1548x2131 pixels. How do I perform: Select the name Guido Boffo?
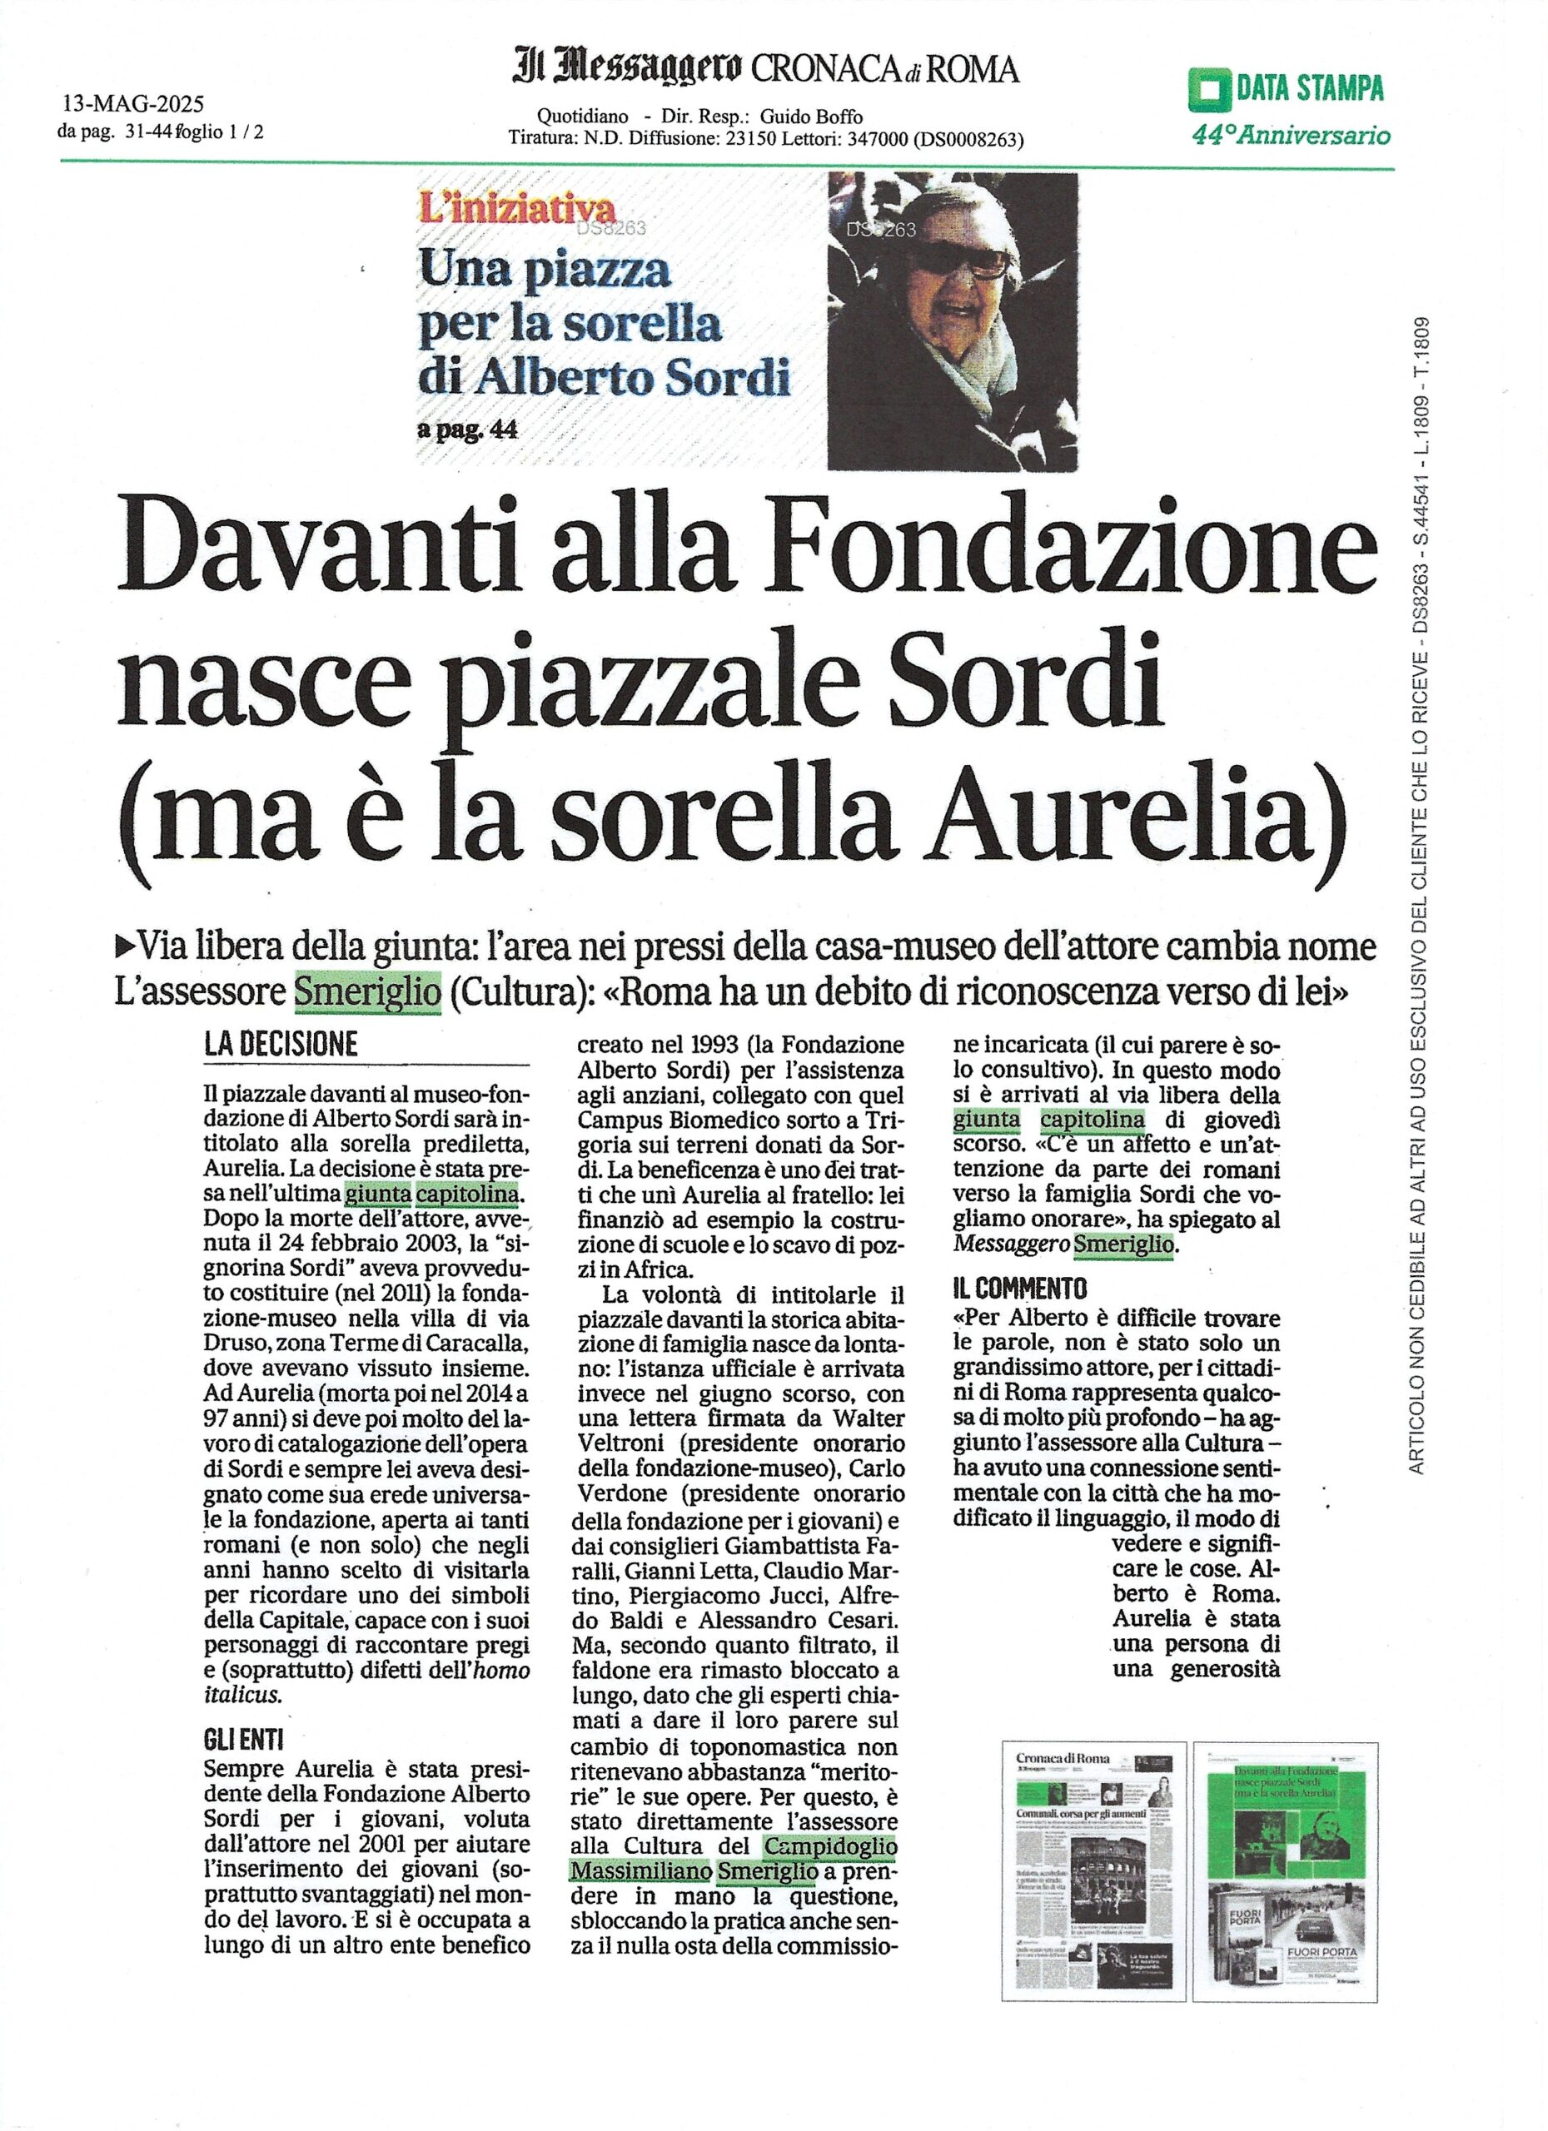click(810, 117)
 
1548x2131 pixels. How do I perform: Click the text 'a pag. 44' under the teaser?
click(467, 430)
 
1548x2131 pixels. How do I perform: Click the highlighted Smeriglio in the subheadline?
click(367, 992)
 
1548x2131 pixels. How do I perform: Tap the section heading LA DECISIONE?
click(281, 1045)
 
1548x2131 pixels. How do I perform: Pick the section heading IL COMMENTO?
click(1007, 1286)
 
